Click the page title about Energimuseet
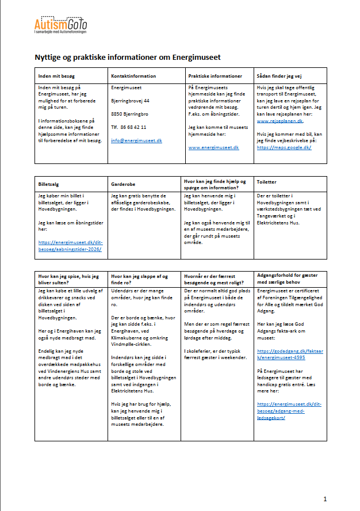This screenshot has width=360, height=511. (128, 58)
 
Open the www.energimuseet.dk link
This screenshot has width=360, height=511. (213, 147)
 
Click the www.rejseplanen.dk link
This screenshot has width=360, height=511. (279, 121)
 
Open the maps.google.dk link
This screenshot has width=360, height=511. (284, 147)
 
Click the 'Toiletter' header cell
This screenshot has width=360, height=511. (268, 181)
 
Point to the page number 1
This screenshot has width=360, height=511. (325, 498)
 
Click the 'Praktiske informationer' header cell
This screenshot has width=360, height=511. (215, 76)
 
